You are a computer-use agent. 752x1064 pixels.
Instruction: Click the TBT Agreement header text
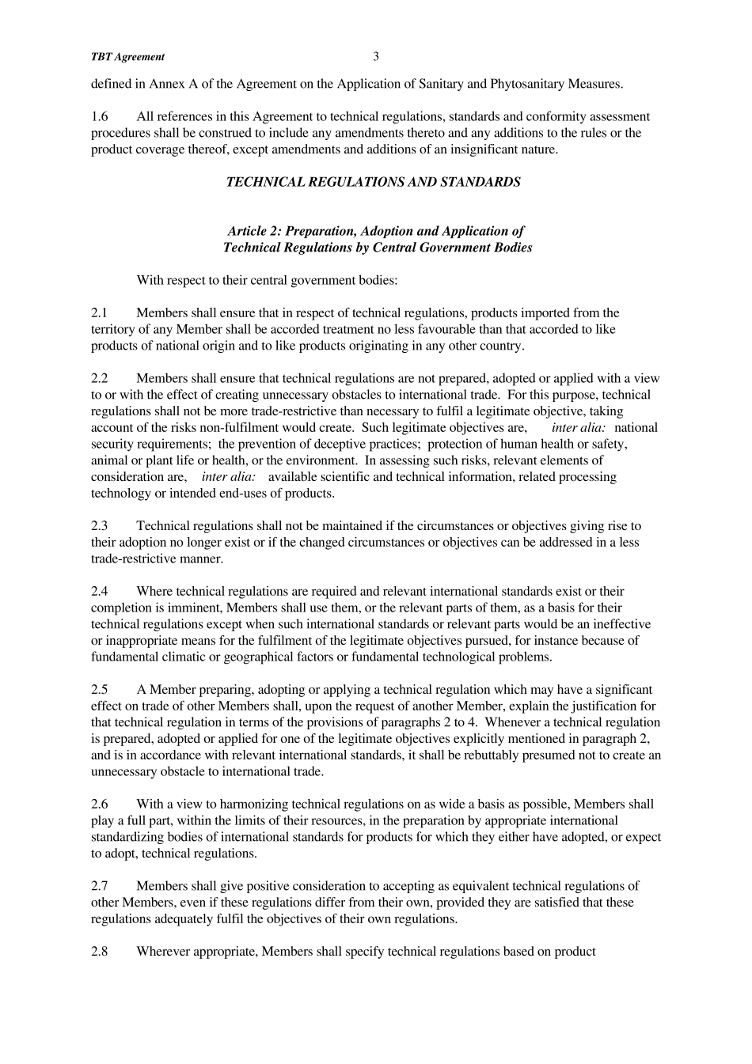(x=127, y=57)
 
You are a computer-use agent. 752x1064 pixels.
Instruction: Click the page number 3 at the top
(x=376, y=56)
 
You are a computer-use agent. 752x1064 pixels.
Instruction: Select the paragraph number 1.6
(x=100, y=116)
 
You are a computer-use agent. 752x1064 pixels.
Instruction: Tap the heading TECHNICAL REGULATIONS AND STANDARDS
(x=373, y=182)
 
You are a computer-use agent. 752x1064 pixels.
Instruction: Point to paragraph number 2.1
(x=100, y=312)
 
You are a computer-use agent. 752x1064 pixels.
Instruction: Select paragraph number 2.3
(x=100, y=525)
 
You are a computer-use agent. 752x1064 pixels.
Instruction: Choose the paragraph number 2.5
(x=100, y=689)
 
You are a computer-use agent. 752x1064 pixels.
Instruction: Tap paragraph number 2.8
(x=100, y=951)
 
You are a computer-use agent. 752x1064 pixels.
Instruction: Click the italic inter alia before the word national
(x=579, y=427)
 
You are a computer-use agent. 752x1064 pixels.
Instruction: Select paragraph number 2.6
(x=100, y=804)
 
